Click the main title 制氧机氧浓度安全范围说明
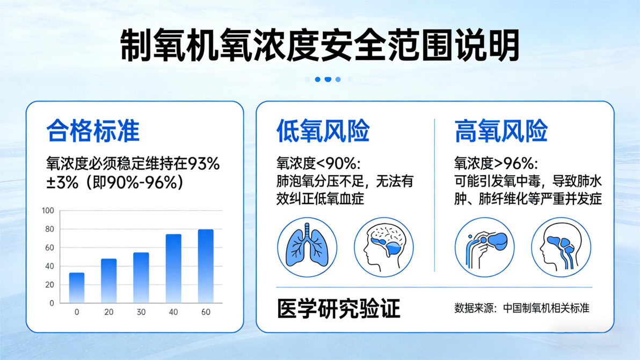click(x=319, y=45)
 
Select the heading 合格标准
click(x=93, y=131)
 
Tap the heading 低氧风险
click(x=323, y=131)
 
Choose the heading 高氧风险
click(x=501, y=131)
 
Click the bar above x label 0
click(x=77, y=287)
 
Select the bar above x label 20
click(x=108, y=280)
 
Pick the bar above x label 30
click(x=141, y=278)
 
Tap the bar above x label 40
click(x=173, y=269)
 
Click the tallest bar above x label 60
click(x=206, y=266)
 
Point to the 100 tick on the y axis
click(x=48, y=211)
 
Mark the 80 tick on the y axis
click(x=49, y=229)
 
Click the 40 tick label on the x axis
click(x=173, y=312)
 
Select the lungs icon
click(x=307, y=247)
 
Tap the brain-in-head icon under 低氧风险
click(x=384, y=247)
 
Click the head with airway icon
click(x=561, y=247)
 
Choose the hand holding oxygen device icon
click(x=485, y=247)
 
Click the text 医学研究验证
click(x=338, y=308)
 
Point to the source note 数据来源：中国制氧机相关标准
click(x=522, y=308)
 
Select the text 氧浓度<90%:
click(x=318, y=163)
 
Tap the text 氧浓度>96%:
click(x=496, y=163)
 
